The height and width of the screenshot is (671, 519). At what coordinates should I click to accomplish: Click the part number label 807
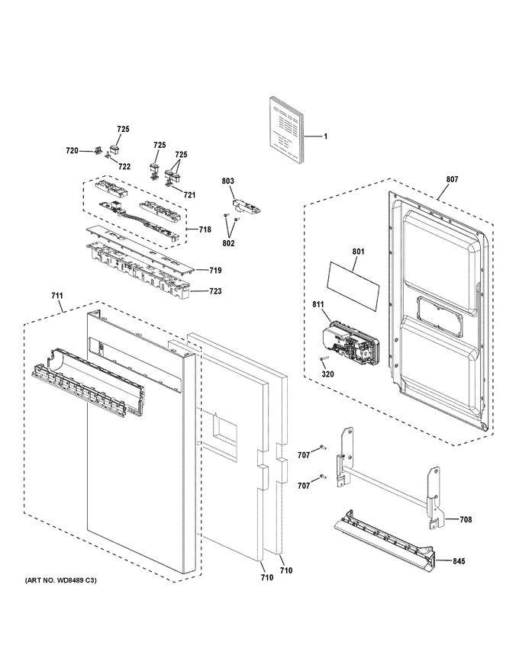(452, 179)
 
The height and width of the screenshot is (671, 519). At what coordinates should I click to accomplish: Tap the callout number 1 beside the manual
(325, 136)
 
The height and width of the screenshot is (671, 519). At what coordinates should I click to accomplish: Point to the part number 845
(459, 561)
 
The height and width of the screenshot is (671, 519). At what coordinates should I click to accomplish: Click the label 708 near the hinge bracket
(466, 519)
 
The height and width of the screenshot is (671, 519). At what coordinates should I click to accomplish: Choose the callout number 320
(328, 374)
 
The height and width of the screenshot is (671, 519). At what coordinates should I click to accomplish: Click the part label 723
(215, 291)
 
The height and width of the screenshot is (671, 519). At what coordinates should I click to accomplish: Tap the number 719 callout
(215, 270)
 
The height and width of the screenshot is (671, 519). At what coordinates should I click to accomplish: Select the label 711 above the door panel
(57, 296)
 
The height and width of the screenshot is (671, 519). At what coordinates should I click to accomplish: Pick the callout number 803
(227, 181)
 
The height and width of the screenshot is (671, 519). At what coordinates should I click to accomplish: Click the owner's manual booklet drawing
(286, 131)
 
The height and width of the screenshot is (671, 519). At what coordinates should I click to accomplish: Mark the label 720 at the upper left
(72, 151)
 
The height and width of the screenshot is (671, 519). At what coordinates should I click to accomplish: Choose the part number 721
(189, 195)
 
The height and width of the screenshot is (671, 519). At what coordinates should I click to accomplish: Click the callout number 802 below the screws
(228, 243)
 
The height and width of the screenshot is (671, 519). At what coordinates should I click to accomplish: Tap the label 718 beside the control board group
(205, 230)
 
